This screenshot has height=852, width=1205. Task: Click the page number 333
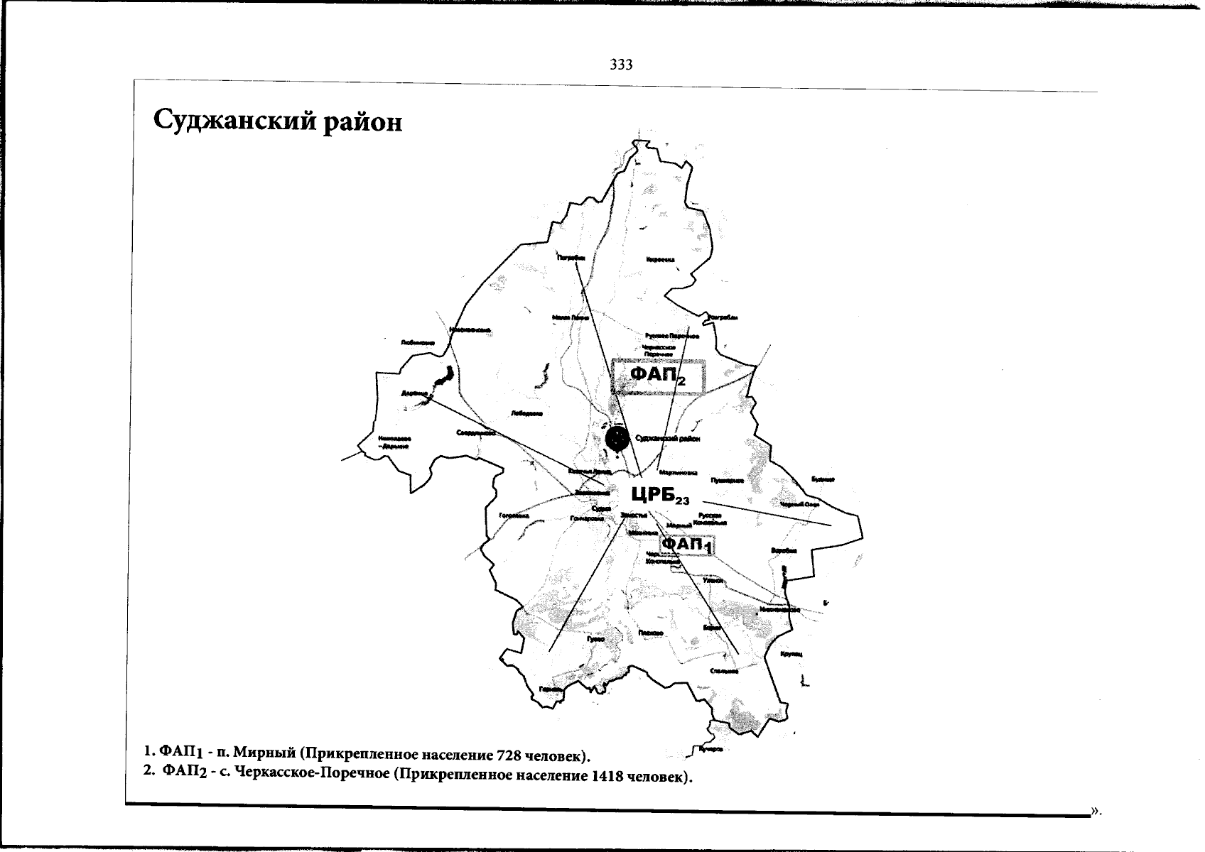click(621, 65)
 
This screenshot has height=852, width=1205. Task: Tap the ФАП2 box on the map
click(658, 376)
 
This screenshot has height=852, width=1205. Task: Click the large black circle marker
click(618, 438)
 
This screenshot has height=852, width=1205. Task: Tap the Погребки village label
click(571, 258)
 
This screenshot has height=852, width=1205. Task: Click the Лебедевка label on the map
click(526, 413)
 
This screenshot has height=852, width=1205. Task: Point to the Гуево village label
click(595, 639)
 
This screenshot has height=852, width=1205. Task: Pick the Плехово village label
click(651, 633)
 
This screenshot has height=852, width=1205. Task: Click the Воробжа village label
click(784, 550)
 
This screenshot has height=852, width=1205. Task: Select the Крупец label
click(791, 653)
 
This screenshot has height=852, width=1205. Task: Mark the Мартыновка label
click(679, 473)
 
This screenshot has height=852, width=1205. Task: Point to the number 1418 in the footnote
click(606, 776)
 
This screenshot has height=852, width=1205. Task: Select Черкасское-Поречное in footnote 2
click(311, 775)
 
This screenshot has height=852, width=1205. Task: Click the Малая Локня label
click(571, 317)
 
